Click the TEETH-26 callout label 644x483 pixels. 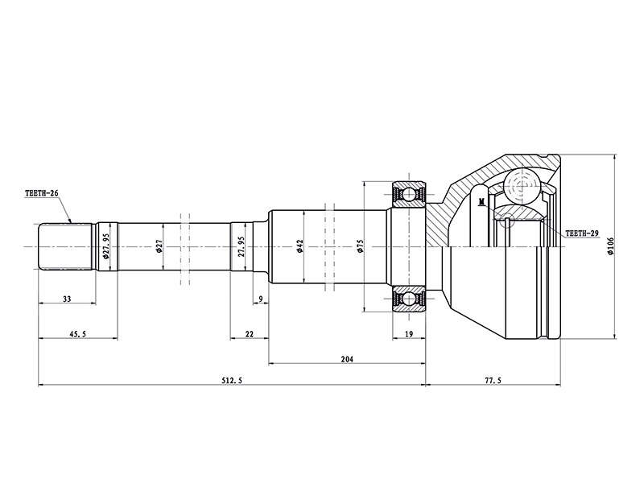[42, 192]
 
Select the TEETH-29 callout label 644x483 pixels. [582, 233]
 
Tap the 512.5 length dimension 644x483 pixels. [232, 381]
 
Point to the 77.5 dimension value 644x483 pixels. [493, 381]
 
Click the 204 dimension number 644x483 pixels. [347, 359]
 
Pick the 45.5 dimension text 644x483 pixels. [77, 334]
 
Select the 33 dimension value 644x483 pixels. [67, 299]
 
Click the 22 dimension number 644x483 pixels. [250, 334]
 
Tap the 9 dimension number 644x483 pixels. [260, 299]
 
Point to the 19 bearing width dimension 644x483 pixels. [409, 334]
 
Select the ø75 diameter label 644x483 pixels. [360, 246]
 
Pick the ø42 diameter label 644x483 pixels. [299, 246]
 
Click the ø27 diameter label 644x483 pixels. [159, 246]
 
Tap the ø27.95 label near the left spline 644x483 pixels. [106, 246]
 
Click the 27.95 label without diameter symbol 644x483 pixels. [242, 246]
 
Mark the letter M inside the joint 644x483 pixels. [481, 200]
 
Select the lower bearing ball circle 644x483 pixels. [409, 299]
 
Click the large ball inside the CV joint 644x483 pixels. [522, 185]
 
